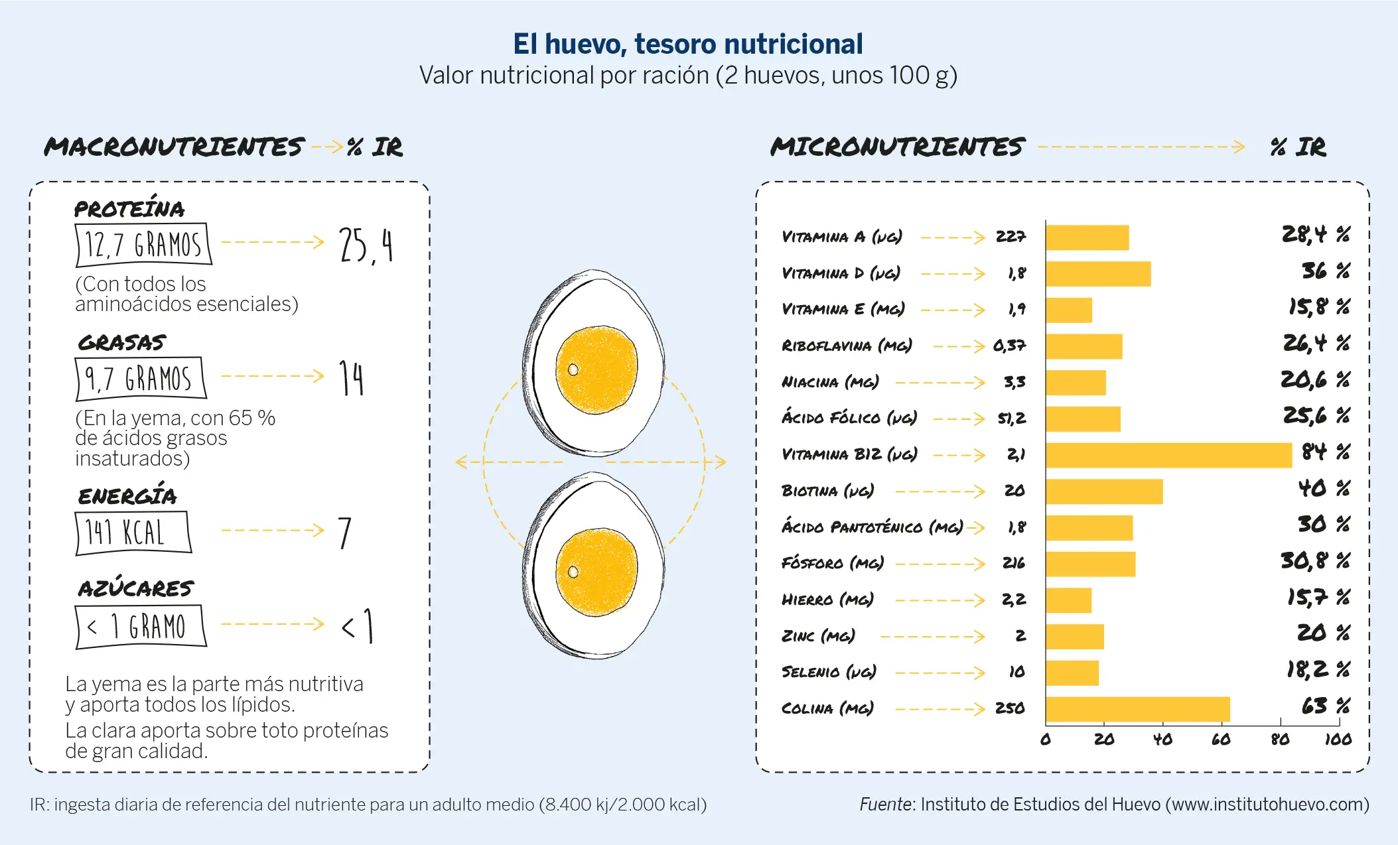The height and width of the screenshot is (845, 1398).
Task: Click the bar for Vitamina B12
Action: pos(1168,455)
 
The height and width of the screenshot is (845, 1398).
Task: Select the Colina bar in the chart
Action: pos(1137,709)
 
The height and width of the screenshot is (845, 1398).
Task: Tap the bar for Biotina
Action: pos(1104,491)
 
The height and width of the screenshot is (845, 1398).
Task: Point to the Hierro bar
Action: pos(1068,600)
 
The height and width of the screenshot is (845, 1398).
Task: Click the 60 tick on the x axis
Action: pos(1221,738)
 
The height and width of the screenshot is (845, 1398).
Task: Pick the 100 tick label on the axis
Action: pos(1338,738)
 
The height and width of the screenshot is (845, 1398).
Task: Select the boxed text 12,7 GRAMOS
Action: pos(143,244)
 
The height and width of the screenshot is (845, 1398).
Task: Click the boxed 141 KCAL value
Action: pos(133,532)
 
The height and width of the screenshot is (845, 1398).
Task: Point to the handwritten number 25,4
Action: pos(366,245)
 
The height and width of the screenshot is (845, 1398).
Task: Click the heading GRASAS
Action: pos(121,342)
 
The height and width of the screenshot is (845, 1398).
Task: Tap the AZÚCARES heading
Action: pos(135,588)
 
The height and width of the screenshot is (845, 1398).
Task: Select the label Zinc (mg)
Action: pos(818,636)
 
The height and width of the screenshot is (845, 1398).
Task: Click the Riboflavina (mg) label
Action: pos(847,346)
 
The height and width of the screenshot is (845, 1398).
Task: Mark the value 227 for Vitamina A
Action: pos(1010,237)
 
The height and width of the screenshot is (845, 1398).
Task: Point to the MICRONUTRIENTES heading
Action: pos(897,147)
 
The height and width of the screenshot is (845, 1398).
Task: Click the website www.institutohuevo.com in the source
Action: pos(1267,805)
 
